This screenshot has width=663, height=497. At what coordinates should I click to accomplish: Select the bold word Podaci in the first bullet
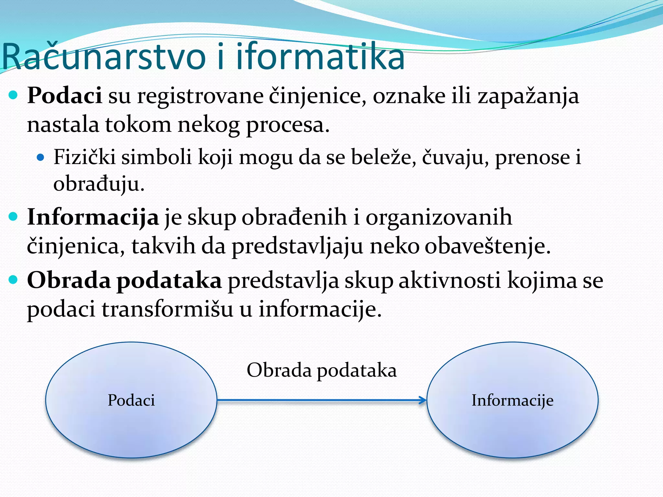point(64,96)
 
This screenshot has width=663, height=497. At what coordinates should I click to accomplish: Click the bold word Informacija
point(93,217)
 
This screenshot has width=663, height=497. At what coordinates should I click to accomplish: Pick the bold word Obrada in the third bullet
point(69,280)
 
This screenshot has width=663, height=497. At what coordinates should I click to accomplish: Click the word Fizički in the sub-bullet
point(84,157)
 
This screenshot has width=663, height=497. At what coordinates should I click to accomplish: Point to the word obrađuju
point(98,184)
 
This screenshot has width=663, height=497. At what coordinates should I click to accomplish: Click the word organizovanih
point(439,218)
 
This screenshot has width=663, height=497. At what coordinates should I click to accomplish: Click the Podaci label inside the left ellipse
point(131,400)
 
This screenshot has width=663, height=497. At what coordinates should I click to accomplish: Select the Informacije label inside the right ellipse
point(512,400)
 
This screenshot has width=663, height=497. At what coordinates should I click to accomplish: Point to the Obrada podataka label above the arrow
point(321,370)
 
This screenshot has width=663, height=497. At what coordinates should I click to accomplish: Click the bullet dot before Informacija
point(13,216)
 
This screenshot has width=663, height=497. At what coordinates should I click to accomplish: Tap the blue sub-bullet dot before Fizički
point(40,158)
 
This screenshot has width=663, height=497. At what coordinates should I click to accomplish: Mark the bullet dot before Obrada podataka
point(13,280)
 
